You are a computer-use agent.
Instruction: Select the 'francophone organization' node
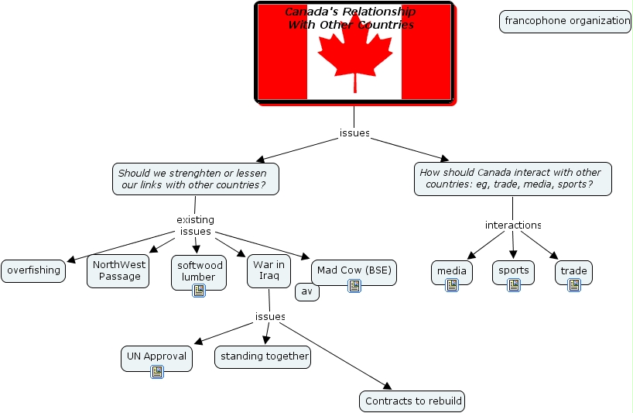coord(566,22)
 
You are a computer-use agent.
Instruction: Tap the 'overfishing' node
coord(33,271)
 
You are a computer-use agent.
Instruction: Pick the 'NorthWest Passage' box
coord(118,270)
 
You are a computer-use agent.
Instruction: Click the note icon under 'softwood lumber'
coord(199,291)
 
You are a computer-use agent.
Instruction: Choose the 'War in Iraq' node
coord(269,270)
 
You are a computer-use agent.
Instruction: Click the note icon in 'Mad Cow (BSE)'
coord(354,286)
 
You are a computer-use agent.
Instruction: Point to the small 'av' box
coord(307,292)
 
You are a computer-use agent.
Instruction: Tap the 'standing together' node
coord(263,357)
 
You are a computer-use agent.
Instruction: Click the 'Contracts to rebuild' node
coord(413,401)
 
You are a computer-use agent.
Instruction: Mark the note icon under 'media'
coord(452,285)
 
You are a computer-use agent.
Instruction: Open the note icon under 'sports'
coord(514,285)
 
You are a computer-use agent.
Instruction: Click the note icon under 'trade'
coord(574,285)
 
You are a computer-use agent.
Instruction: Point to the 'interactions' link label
coord(513,225)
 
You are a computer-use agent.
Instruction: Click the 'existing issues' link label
coord(195,225)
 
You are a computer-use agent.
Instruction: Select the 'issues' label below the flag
coord(354,133)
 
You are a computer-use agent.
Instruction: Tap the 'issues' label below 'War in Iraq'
coord(270,317)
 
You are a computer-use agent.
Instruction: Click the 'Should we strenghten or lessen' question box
coord(195,179)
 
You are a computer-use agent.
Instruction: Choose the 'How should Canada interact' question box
coord(513,179)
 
